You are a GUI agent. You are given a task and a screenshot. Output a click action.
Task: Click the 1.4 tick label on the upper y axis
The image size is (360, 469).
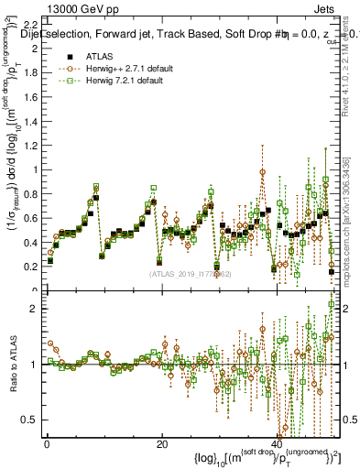tap(30, 120)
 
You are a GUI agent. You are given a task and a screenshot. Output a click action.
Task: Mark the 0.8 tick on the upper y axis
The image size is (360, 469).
tap(30, 193)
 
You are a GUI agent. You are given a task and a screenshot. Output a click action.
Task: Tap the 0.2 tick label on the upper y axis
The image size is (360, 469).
tap(30, 267)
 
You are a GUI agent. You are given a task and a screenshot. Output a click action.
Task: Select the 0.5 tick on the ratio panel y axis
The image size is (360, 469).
tap(29, 420)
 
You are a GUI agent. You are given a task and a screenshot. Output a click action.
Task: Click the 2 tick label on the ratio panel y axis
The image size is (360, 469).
tap(35, 309)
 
